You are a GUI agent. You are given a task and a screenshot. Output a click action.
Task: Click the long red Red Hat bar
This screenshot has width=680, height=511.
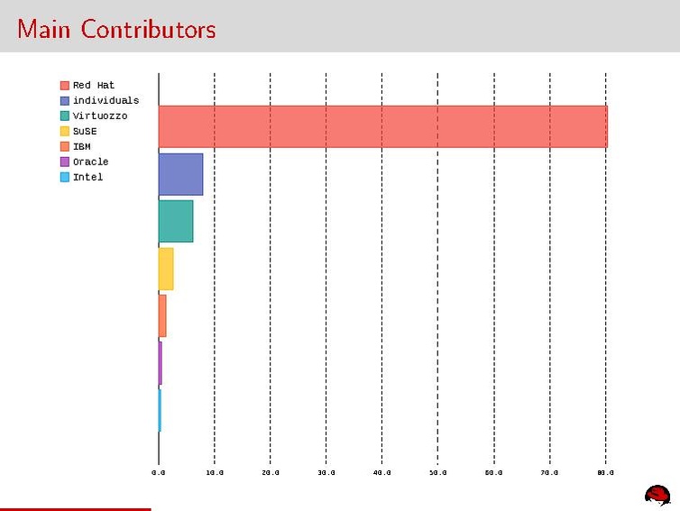382,126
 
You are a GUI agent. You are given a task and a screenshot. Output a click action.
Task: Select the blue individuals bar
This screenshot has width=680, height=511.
180,174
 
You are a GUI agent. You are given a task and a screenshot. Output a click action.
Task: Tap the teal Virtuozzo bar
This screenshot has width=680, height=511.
176,221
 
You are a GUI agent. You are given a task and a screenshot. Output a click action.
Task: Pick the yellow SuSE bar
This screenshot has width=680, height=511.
166,269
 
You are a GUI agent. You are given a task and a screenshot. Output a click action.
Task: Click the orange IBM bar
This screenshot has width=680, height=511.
162,316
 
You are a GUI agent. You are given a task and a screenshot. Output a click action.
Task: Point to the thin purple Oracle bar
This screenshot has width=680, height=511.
161,363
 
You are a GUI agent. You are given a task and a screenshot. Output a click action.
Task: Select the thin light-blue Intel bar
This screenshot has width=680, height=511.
160,410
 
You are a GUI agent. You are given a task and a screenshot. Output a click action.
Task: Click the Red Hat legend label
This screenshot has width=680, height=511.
94,86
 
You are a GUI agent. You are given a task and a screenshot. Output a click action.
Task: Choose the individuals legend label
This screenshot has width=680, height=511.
106,101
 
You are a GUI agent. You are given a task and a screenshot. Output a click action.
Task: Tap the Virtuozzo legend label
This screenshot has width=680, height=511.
100,116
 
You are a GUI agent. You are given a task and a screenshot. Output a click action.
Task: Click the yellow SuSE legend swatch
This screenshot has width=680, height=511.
65,131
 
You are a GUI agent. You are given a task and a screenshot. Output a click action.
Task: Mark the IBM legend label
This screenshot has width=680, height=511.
82,146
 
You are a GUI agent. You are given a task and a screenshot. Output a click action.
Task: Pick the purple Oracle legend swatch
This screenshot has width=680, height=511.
65,162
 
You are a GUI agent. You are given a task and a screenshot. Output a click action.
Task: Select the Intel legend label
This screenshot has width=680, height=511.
88,177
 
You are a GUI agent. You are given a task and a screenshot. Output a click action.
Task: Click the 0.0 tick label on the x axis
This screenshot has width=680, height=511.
159,472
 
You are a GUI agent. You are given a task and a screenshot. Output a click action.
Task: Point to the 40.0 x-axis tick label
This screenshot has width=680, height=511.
382,472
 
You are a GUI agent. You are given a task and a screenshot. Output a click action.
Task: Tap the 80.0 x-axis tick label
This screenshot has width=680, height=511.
605,472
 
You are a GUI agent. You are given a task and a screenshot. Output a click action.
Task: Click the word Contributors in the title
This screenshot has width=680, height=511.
148,29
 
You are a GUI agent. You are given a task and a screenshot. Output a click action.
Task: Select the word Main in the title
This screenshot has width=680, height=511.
46,29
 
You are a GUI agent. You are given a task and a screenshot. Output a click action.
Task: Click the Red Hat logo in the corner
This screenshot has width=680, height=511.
657,494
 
